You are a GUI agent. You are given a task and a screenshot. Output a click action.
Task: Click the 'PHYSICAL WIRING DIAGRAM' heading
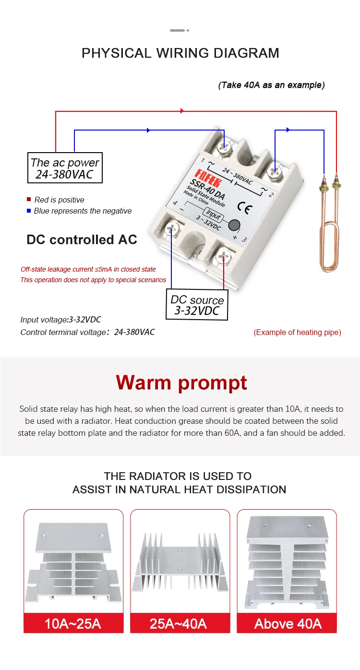pos(180,53)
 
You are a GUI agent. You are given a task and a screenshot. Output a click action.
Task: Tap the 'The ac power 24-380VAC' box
pos(65,168)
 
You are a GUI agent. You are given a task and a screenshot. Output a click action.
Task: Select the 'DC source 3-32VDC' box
pos(197,305)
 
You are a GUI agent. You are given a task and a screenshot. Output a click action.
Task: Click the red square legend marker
pos(29,200)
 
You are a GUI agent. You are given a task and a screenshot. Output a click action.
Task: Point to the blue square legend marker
pos(29,211)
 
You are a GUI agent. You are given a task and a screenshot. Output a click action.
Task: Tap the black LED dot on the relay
pos(234,225)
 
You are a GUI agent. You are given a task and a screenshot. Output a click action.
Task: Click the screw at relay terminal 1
pos(223,147)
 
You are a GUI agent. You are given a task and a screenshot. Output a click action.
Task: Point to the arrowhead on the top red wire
pos(182,111)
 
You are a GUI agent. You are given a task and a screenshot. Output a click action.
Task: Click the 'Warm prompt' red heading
pos(181,383)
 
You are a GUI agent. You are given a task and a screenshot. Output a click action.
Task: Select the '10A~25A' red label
pos(73,623)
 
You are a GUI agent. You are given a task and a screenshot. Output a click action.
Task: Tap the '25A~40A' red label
pos(178,623)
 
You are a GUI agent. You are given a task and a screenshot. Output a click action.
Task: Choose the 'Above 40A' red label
pos(288,623)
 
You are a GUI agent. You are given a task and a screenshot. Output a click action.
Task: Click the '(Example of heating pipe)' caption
pos(297,332)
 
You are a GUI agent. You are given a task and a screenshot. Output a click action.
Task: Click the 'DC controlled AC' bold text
pos(82,239)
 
